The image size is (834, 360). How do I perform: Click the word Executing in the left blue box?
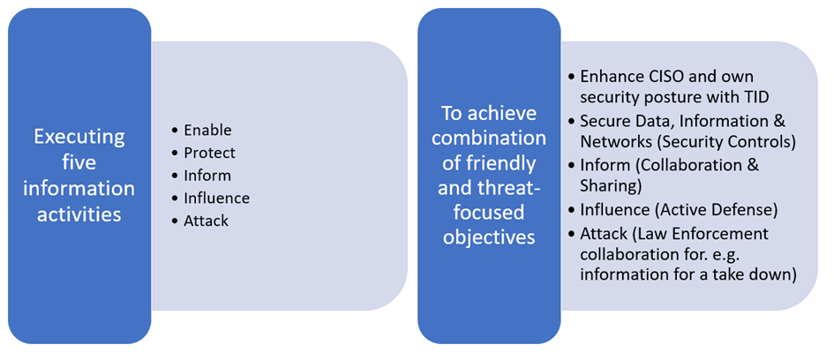click(x=79, y=137)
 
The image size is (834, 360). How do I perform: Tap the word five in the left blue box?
click(x=79, y=162)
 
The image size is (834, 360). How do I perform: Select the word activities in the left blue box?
click(x=79, y=214)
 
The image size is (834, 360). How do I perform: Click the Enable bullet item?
click(x=207, y=131)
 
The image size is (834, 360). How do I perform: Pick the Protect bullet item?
click(x=209, y=153)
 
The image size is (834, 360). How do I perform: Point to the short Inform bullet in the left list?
click(x=207, y=176)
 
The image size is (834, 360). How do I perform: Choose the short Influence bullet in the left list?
click(x=216, y=198)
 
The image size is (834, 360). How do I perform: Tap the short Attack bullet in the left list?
click(x=206, y=221)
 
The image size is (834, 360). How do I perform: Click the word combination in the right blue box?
click(x=489, y=138)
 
